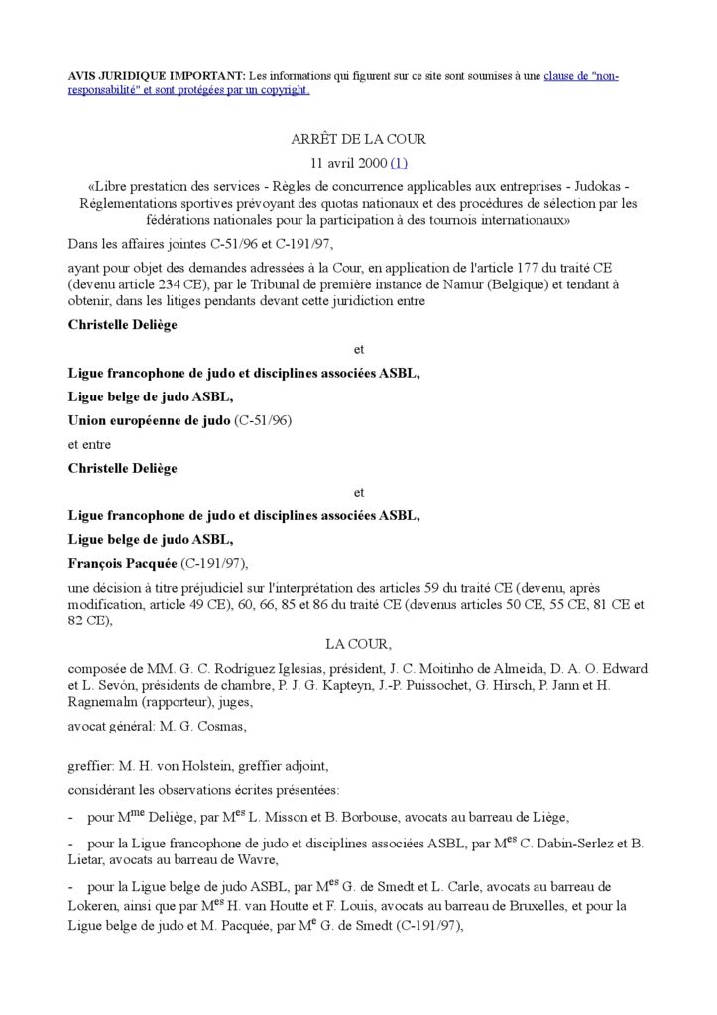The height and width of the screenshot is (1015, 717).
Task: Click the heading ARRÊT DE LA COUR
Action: [x=358, y=139]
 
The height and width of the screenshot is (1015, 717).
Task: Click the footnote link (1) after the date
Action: [x=399, y=163]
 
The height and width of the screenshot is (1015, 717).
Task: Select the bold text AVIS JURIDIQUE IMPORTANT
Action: [x=157, y=76]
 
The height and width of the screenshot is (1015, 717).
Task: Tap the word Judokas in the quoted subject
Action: [x=604, y=187]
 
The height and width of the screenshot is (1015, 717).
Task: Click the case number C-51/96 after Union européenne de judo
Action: [x=262, y=420]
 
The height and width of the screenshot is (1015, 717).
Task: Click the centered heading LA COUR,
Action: [x=358, y=643]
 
